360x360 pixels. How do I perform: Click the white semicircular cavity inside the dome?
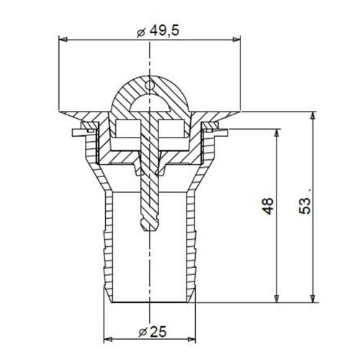point(148,106)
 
